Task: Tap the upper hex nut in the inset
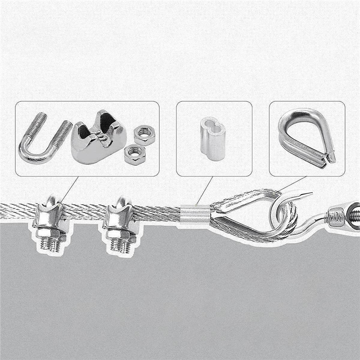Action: (144, 134)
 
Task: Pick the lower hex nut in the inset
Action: (135, 154)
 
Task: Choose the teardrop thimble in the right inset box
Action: (306, 137)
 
